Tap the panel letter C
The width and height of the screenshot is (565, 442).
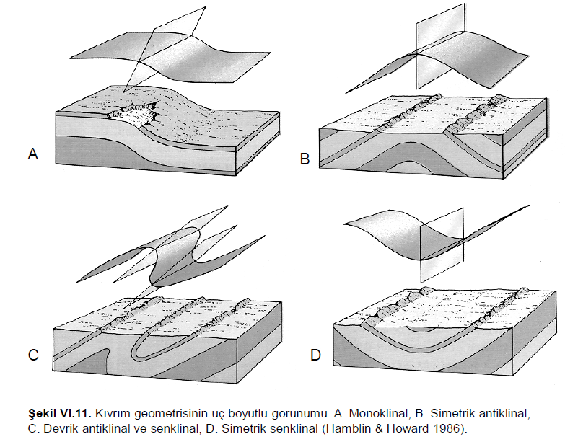(32, 354)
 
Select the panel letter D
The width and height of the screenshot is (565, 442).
(315, 354)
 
